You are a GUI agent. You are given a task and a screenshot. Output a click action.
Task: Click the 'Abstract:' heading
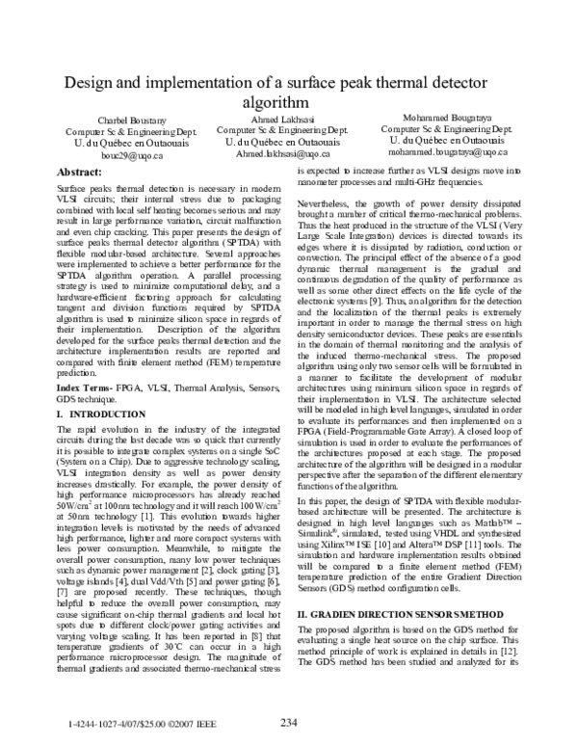(x=81, y=170)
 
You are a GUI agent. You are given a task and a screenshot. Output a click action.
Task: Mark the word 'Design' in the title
(x=94, y=83)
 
